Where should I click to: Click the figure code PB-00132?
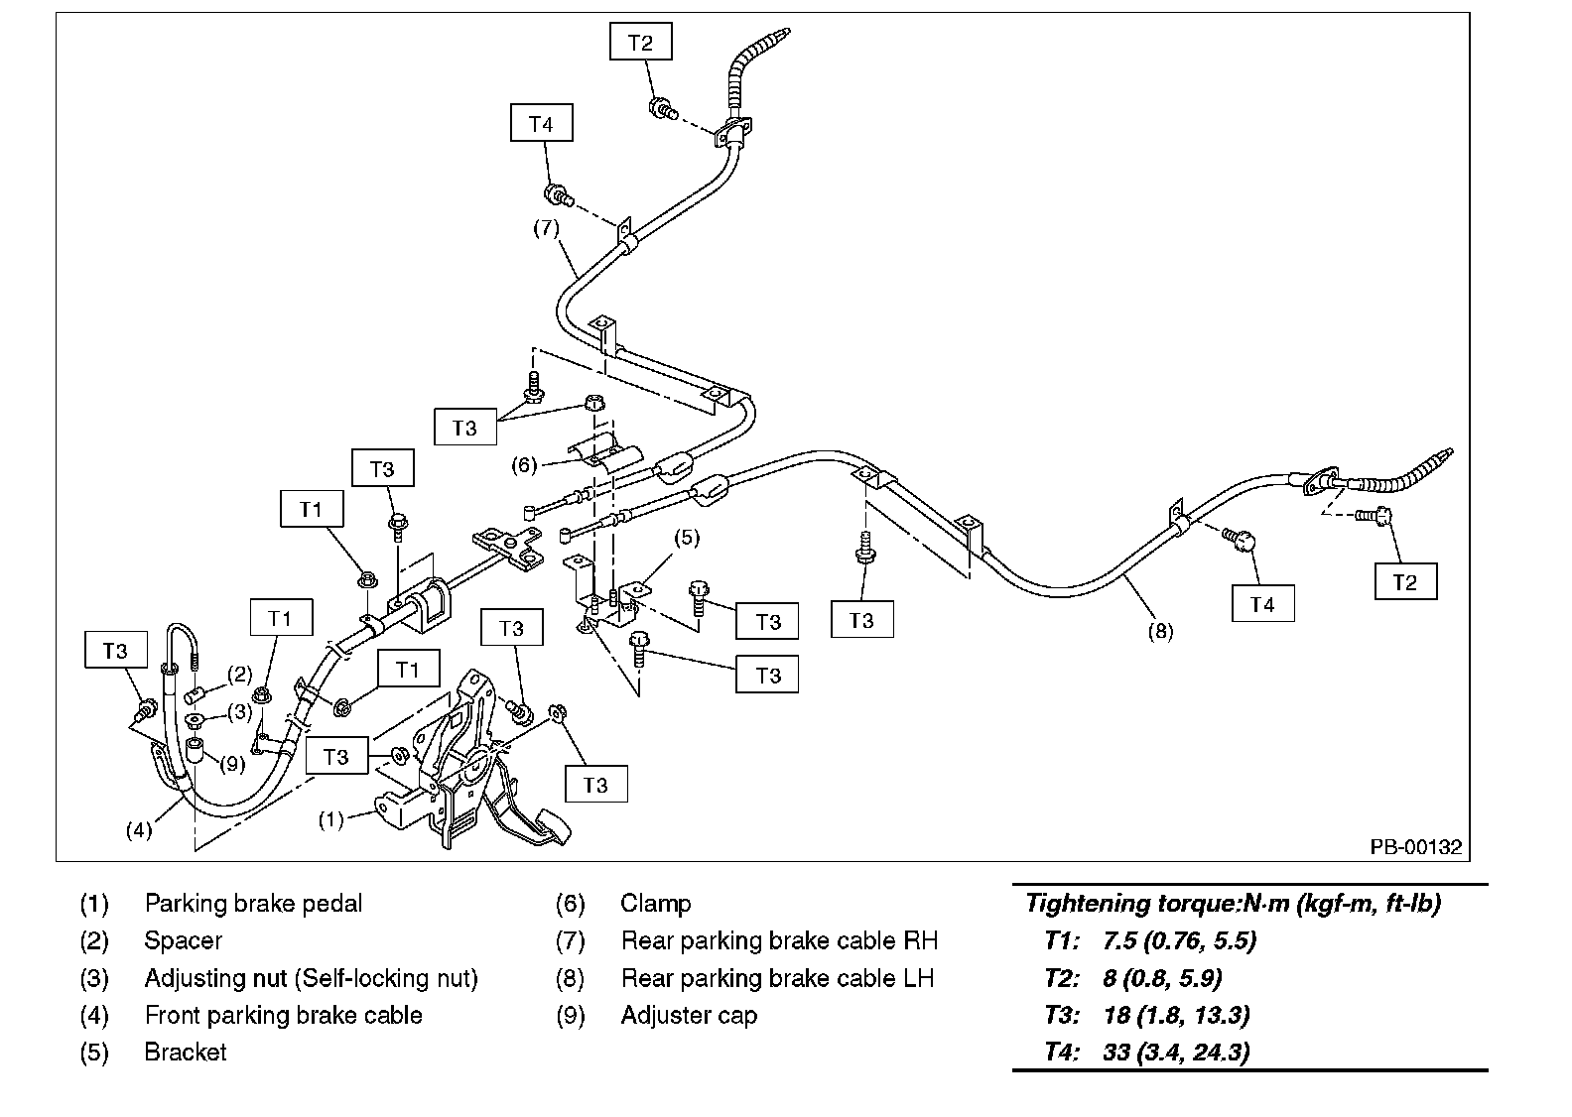coord(1416,847)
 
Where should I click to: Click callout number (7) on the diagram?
coord(546,227)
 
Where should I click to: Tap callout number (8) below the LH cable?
coord(1160,630)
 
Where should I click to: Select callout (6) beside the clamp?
coord(524,464)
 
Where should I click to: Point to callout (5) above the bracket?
coord(687,538)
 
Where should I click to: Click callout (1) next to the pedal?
coord(330,819)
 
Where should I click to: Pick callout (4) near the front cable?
coord(139,830)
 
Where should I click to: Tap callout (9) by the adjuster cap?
coord(231,764)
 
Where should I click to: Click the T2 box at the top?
coord(641,43)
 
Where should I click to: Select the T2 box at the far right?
coord(1405,582)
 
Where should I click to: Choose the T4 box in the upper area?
coord(541,124)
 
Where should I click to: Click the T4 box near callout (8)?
coord(1262,604)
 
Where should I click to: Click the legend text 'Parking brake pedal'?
coord(253,904)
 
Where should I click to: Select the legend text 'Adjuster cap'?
coord(689,1016)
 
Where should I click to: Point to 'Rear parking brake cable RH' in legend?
coord(779,940)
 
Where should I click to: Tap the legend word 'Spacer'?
coord(183,940)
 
